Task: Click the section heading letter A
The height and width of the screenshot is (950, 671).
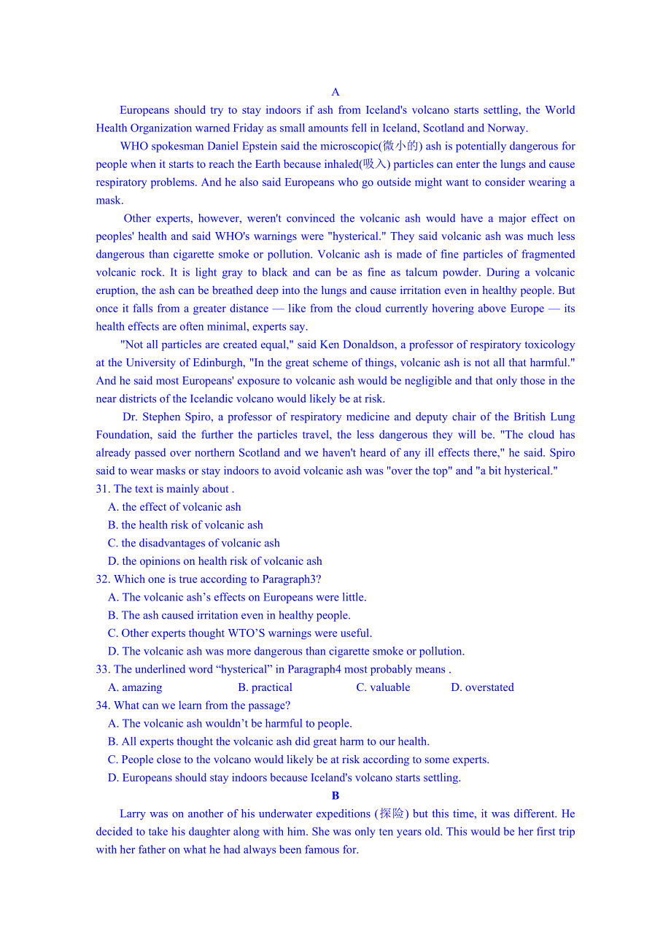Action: click(x=335, y=92)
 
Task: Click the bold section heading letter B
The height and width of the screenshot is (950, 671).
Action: click(x=335, y=796)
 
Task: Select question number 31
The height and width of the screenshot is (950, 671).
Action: click(x=103, y=489)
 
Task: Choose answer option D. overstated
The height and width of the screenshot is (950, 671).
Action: click(x=482, y=687)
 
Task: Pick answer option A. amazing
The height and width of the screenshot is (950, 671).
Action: click(x=135, y=687)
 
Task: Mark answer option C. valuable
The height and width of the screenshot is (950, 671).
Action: click(x=383, y=687)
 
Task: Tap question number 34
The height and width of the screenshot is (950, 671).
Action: click(x=103, y=706)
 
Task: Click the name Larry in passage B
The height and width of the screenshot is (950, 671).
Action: click(x=133, y=814)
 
